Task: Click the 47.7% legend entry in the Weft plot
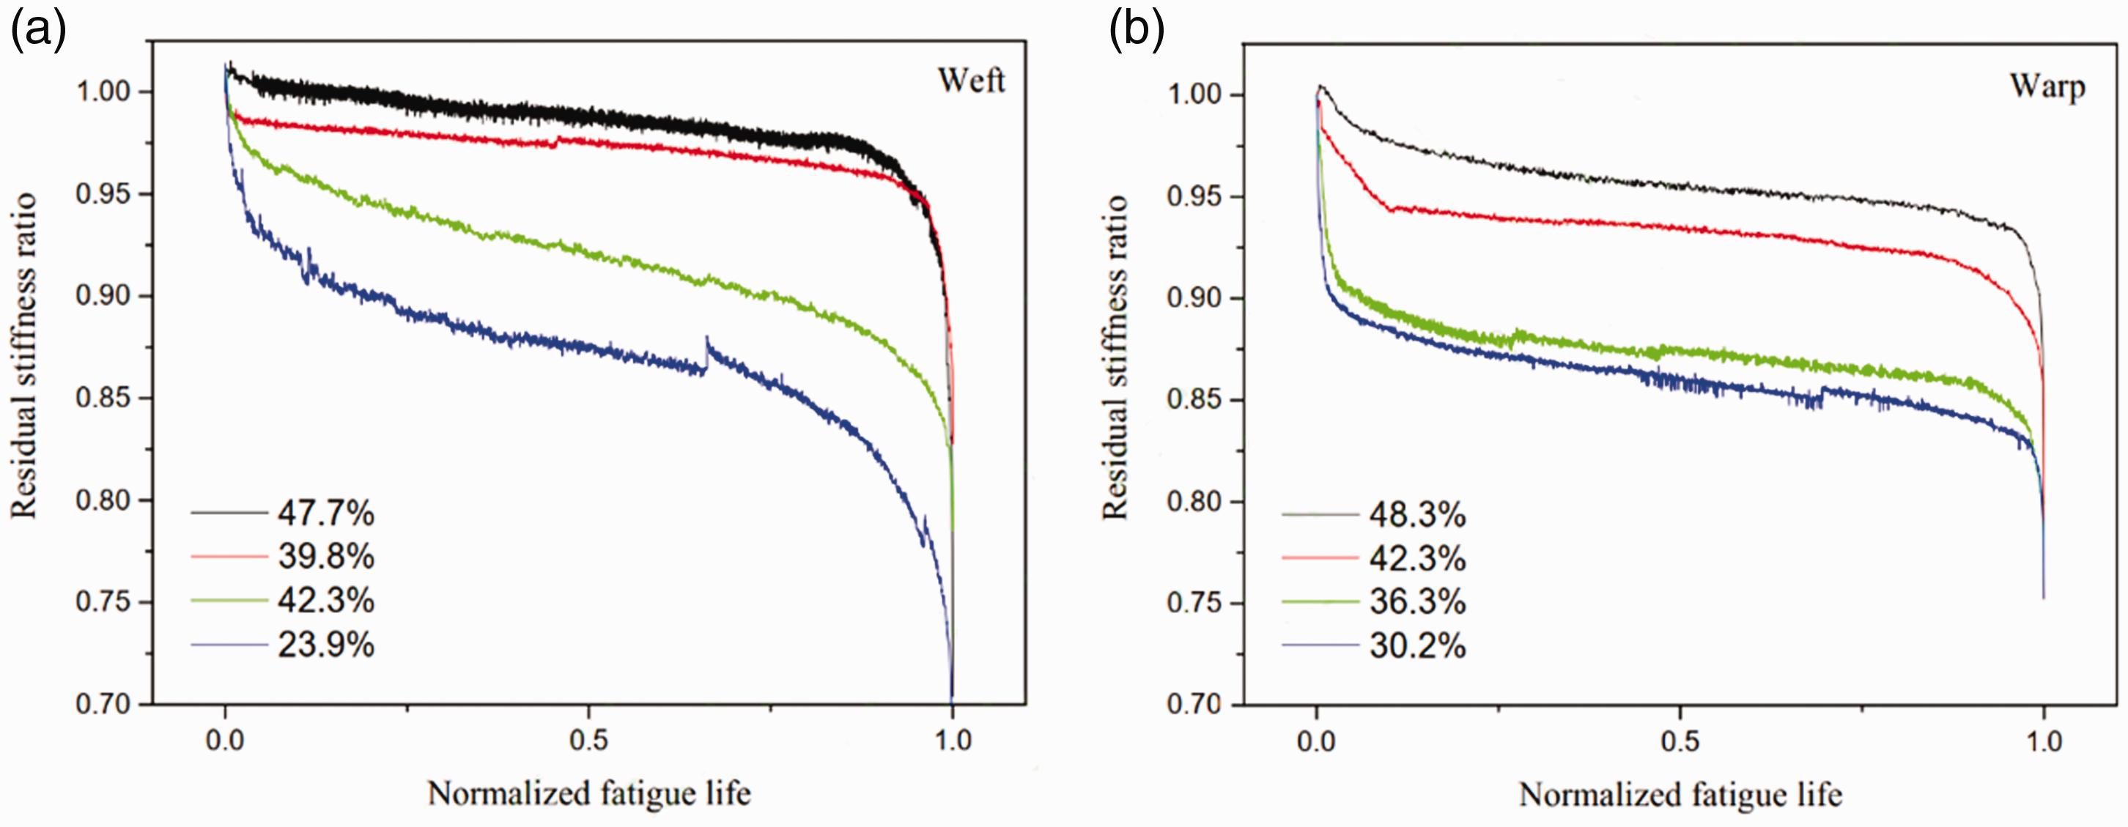[325, 514]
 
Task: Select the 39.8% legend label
[325, 557]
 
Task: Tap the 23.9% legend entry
[325, 645]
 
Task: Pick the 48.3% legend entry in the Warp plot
[1417, 515]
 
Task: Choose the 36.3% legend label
[1417, 601]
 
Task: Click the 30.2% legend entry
[1417, 645]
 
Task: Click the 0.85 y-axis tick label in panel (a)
[103, 398]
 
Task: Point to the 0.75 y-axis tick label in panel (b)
[1194, 603]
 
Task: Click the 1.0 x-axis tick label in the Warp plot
[2044, 741]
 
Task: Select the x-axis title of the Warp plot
[1680, 795]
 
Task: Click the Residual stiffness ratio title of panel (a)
[24, 355]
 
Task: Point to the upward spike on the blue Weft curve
[706, 351]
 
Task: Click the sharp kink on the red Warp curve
[1391, 209]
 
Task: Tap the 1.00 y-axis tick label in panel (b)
[1194, 94]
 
